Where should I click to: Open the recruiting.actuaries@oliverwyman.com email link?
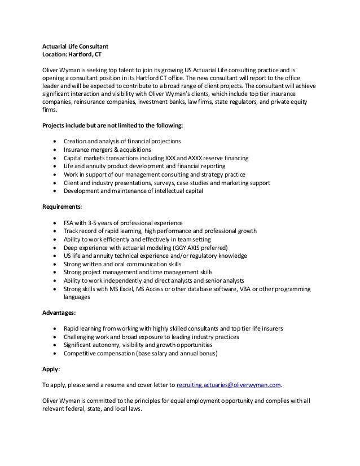coord(229,386)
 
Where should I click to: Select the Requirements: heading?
coord(63,207)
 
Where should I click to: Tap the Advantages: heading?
coord(60,312)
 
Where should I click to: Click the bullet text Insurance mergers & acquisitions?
coord(107,150)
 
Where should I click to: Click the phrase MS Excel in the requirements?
coord(119,288)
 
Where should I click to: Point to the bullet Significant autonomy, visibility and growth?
coord(138,345)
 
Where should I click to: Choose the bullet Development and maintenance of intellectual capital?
coord(134,191)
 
